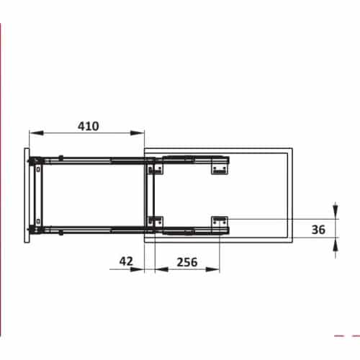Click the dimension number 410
[x=89, y=125]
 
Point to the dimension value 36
[x=320, y=230]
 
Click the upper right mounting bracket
[x=220, y=167]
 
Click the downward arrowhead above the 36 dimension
[x=336, y=213]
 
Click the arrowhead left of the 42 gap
[x=140, y=269]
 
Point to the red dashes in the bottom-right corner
[x=346, y=336]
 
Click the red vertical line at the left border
[x=1, y=144]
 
